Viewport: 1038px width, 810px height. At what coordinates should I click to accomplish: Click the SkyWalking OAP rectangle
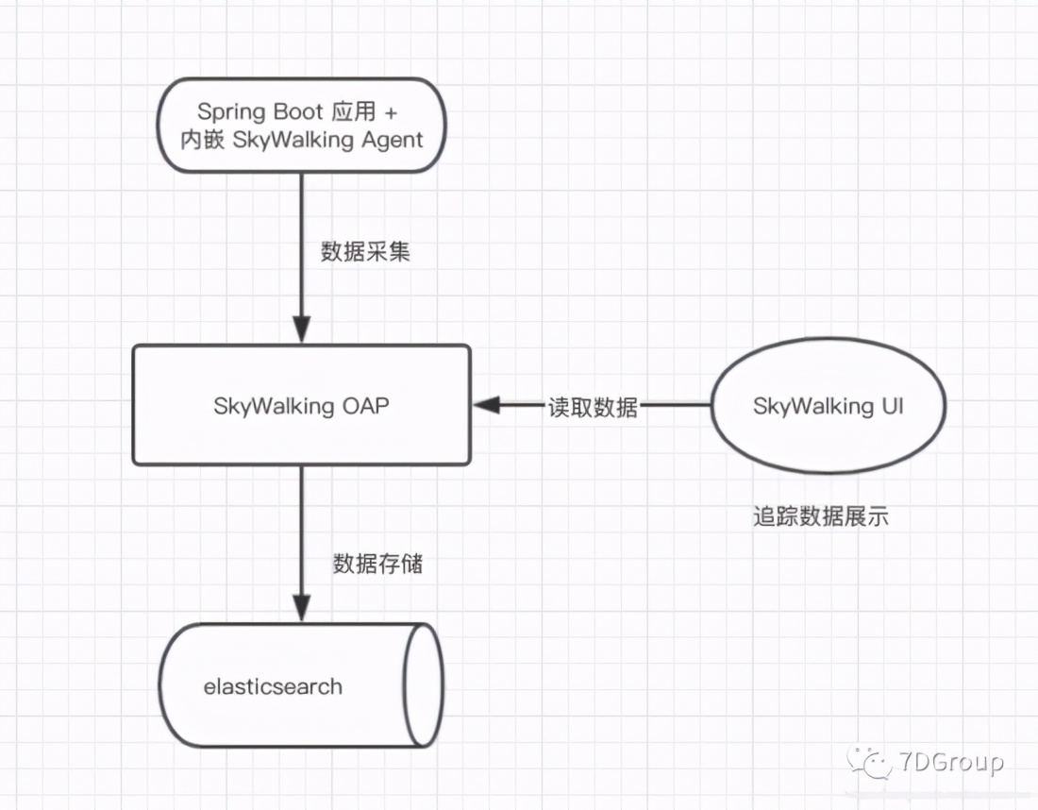(301, 405)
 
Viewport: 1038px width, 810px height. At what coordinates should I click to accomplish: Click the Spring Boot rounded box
(301, 126)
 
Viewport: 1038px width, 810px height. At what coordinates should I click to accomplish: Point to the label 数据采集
(365, 252)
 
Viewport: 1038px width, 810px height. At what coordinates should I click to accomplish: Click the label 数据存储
(377, 564)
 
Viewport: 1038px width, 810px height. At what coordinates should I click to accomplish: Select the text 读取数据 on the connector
(593, 407)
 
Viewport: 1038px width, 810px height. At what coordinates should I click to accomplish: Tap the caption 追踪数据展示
(820, 516)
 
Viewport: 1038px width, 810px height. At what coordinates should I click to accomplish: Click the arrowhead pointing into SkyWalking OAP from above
(301, 332)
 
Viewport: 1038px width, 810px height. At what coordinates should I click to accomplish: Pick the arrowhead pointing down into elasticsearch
(301, 609)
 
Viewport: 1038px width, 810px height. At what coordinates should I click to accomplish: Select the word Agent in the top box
(390, 140)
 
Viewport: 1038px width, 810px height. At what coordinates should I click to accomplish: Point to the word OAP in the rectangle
(364, 406)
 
